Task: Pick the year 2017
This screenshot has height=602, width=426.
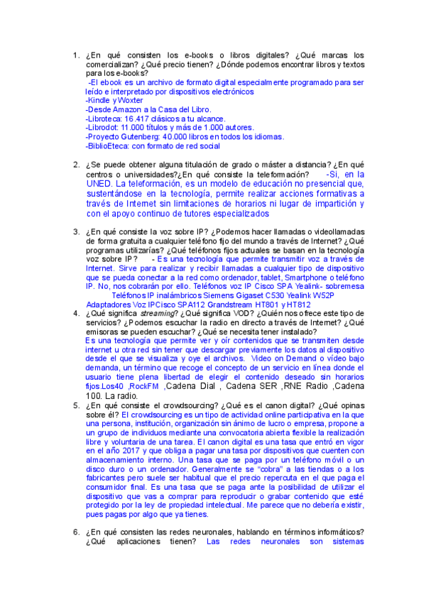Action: [141, 451]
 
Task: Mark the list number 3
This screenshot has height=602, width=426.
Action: [76, 231]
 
